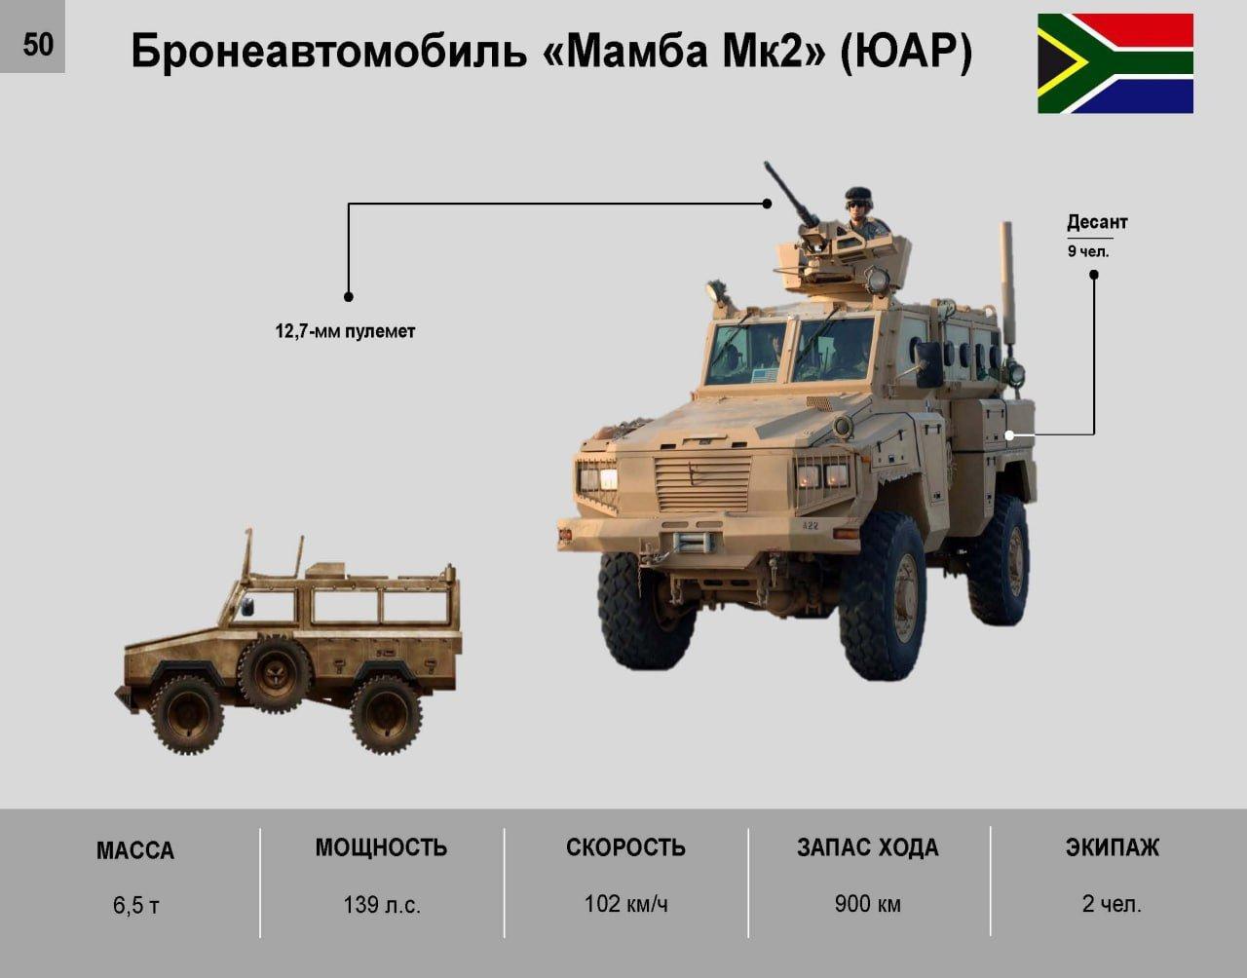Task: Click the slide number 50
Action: click(38, 44)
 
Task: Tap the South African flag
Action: click(1115, 63)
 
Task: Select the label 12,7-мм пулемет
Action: click(345, 331)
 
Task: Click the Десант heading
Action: click(1097, 222)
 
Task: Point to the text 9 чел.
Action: click(1088, 251)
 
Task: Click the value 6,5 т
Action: click(136, 906)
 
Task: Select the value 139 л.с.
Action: click(382, 905)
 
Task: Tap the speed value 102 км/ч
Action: click(626, 904)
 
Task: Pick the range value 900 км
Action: click(868, 904)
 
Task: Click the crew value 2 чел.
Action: click(1112, 904)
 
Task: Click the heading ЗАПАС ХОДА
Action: click(868, 847)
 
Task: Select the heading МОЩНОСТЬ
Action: click(381, 847)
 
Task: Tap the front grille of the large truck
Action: click(702, 482)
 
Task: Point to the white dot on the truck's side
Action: click(1010, 435)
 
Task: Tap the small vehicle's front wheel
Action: click(187, 715)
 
